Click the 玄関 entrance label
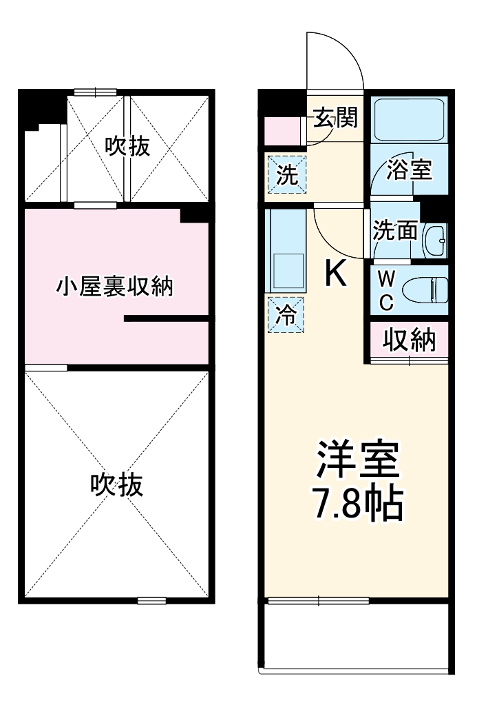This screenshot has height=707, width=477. click(336, 119)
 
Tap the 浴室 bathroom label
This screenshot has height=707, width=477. click(409, 170)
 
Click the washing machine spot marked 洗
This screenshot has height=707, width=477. click(286, 176)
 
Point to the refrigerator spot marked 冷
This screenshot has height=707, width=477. click(286, 316)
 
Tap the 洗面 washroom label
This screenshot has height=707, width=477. click(395, 230)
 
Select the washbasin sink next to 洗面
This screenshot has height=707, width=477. click(434, 240)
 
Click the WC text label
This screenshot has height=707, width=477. click(387, 289)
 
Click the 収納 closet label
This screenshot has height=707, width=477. click(409, 340)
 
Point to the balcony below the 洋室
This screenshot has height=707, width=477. click(356, 637)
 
